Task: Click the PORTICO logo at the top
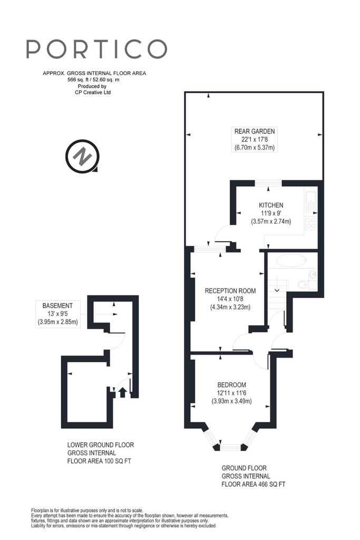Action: [x=96, y=49]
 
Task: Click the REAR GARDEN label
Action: [x=255, y=131]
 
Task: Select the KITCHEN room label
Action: [x=271, y=205]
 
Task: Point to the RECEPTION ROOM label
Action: [x=230, y=291]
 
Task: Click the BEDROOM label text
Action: [x=231, y=385]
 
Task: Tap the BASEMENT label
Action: [x=57, y=306]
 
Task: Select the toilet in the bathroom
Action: [x=303, y=284]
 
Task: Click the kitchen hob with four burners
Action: [x=311, y=223]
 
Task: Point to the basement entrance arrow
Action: [x=122, y=392]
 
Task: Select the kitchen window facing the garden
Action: [x=268, y=183]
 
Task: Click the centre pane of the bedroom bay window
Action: [x=231, y=447]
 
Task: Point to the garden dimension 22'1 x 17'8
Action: [x=255, y=139]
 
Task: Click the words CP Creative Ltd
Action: [x=93, y=92]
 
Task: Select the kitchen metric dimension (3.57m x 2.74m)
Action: [x=271, y=221]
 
